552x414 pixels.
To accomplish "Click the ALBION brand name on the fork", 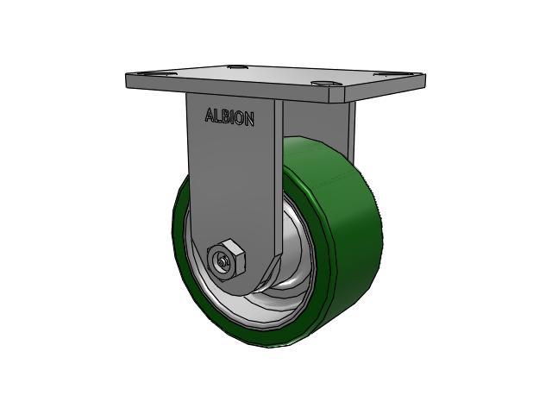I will (229, 118).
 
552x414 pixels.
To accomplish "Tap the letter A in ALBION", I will (208, 116).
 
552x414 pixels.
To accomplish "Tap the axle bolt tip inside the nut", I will (224, 261).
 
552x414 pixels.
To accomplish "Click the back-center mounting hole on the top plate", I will (235, 66).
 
